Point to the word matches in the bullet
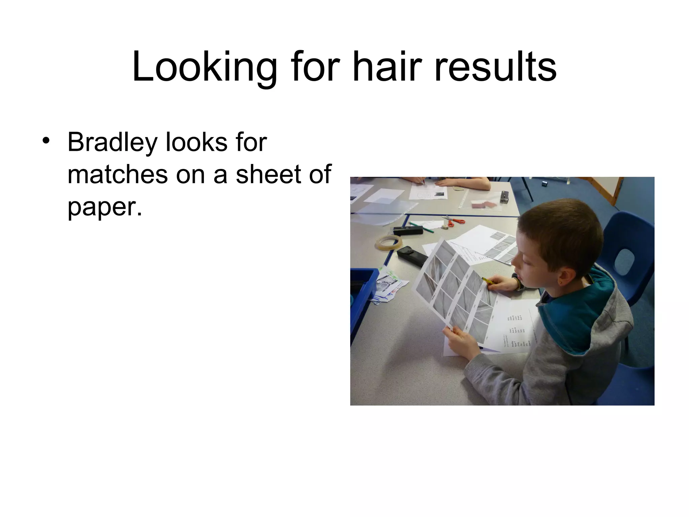117,174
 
